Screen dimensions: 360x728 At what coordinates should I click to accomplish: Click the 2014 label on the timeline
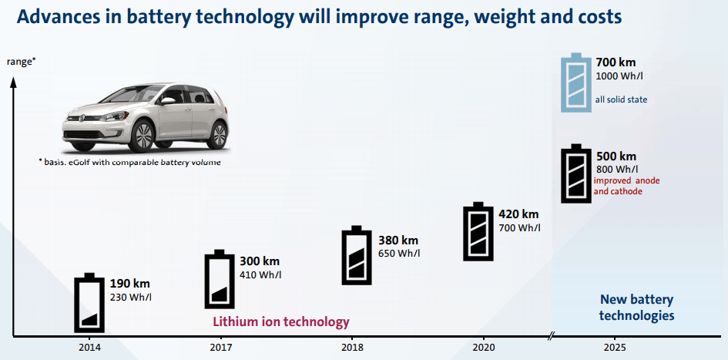point(89,348)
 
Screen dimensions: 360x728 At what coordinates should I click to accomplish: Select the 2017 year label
point(220,348)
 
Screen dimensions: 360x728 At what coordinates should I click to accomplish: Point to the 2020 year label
point(484,348)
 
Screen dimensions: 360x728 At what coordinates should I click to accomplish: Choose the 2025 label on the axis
point(615,348)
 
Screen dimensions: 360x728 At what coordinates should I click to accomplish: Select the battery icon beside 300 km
point(220,279)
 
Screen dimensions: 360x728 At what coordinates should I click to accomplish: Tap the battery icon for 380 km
point(356,255)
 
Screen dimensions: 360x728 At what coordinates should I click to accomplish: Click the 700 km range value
point(616,62)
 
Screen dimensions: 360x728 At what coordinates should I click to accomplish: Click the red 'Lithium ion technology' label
point(280,321)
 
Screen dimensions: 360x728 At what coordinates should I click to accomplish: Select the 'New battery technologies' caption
point(636,308)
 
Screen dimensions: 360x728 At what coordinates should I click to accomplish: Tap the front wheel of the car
point(143,136)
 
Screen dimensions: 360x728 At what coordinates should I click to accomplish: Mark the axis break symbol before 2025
point(552,337)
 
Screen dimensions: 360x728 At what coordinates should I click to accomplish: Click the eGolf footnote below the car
point(129,163)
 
